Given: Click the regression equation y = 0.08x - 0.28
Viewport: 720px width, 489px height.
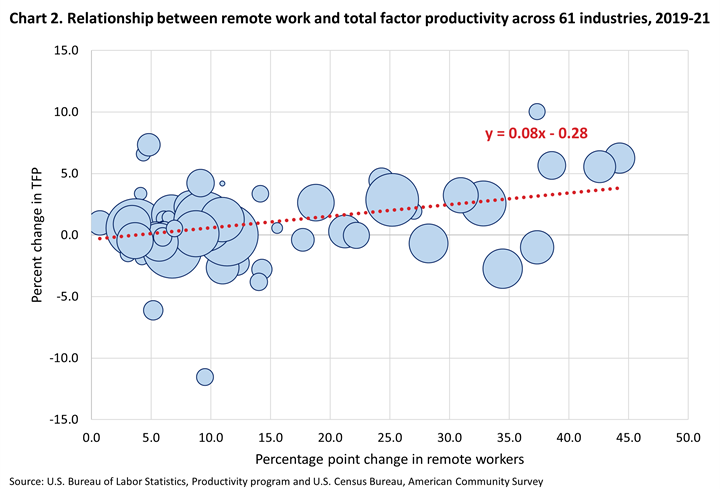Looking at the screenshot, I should [x=543, y=134].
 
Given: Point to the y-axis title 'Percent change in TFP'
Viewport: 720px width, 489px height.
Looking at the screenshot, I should [x=36, y=233].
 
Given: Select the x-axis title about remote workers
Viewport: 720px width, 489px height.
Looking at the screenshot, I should [x=389, y=459].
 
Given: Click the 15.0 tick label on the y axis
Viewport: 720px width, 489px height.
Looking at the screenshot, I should [x=65, y=50].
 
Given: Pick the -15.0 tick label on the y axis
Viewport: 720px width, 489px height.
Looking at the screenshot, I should [x=63, y=419].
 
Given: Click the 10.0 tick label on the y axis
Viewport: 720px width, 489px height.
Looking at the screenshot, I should [x=65, y=112].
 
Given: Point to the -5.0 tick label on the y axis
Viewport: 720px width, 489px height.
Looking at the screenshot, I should [x=65, y=296].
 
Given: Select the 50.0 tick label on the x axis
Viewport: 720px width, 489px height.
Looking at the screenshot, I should [x=688, y=438].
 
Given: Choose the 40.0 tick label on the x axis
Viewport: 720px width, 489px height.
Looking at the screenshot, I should [x=568, y=438].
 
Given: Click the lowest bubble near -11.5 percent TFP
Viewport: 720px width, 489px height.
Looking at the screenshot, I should [x=205, y=377].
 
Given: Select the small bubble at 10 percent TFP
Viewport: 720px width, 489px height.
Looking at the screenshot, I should [x=537, y=111].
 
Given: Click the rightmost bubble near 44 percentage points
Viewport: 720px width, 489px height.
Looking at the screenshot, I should [x=620, y=158].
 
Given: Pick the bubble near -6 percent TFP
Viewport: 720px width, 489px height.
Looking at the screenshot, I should [x=153, y=310].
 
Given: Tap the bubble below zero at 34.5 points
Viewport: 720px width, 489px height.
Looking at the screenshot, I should [x=503, y=268].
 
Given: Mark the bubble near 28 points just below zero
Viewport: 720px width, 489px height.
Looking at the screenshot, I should [x=428, y=243].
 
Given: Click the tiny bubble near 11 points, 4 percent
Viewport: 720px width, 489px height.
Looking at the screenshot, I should [x=222, y=184].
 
